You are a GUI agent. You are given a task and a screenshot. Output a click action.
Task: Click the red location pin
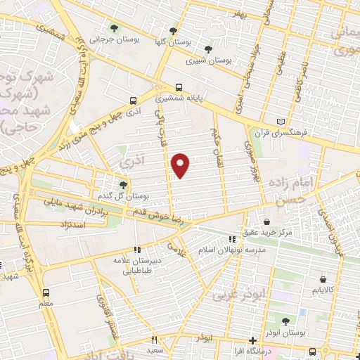[x=181, y=165]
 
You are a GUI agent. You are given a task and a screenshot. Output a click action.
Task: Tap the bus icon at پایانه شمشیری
[x=179, y=87]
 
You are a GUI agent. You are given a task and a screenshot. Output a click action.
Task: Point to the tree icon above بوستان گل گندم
[x=123, y=184]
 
